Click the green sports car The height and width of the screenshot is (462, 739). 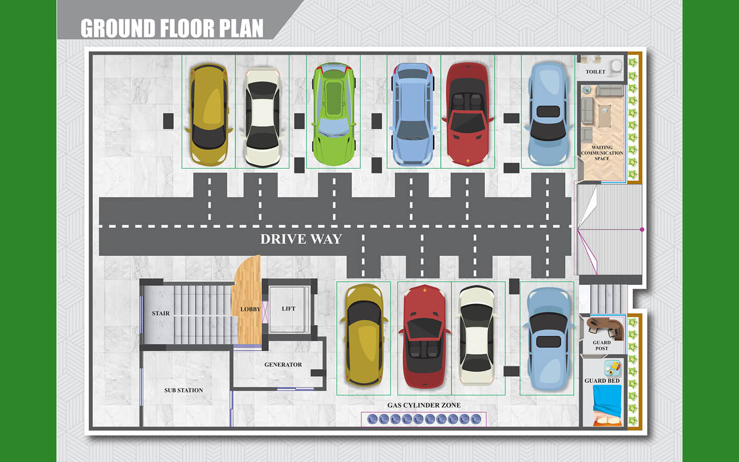click(334, 114)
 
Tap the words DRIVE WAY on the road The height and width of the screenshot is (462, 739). click(301, 239)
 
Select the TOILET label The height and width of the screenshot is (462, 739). click(595, 72)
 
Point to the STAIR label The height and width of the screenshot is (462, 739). click(161, 313)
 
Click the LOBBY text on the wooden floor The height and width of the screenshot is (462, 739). click(250, 309)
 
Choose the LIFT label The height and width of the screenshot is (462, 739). click(288, 309)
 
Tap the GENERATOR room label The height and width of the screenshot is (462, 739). click(283, 364)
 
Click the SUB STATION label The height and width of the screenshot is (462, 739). click(183, 390)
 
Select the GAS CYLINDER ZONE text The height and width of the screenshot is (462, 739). click(424, 405)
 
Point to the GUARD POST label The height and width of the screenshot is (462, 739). click(601, 345)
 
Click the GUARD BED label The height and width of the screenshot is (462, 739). click(602, 381)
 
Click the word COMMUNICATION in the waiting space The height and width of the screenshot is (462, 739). click(602, 153)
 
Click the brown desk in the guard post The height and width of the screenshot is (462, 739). click(606, 326)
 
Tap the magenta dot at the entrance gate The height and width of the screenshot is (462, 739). click(642, 229)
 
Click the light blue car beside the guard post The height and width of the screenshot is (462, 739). click(547, 339)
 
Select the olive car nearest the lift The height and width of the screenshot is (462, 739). click(363, 335)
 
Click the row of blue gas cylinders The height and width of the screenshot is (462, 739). click(424, 419)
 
